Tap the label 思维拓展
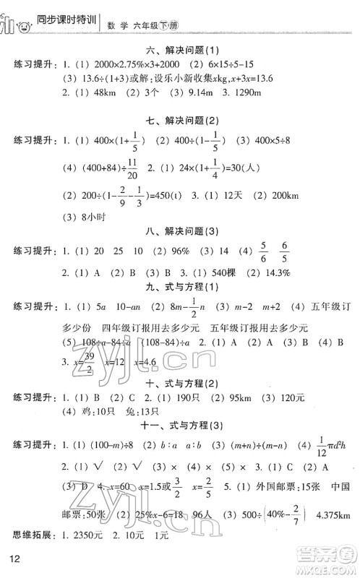pos(30,535)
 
